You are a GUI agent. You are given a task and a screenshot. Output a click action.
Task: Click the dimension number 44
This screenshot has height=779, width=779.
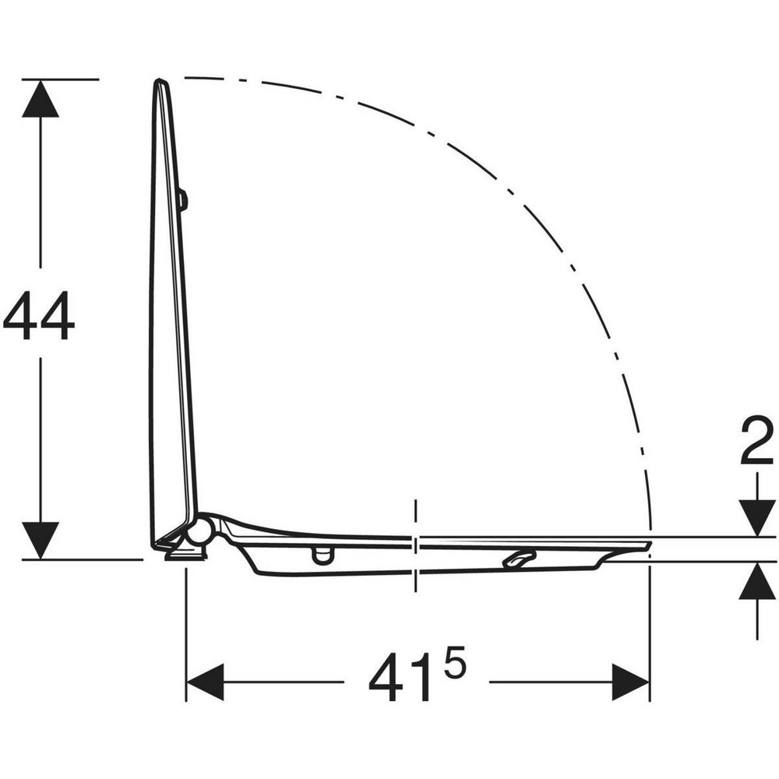coord(39,315)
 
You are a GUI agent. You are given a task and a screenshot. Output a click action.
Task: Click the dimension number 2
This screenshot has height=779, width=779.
coord(756,440)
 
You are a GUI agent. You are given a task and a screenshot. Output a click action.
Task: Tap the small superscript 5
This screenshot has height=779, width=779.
coord(454,661)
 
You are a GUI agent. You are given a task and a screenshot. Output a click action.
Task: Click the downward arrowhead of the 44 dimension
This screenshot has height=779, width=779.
coord(41,541)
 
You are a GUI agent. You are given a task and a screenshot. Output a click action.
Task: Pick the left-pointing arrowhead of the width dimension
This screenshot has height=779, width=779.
coord(205,682)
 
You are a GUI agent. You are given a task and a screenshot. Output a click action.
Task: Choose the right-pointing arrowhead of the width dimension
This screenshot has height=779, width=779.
coord(631,682)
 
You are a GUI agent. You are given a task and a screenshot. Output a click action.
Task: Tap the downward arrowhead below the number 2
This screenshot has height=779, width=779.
coord(757,518)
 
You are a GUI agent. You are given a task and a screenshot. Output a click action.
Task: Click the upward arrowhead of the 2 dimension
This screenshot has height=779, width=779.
coord(757,581)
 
